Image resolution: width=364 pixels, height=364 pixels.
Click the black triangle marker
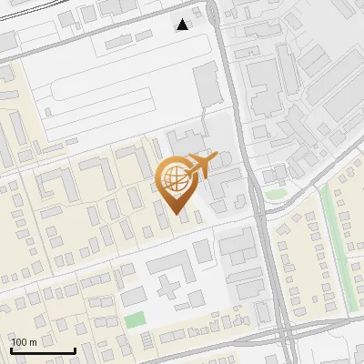[183, 25]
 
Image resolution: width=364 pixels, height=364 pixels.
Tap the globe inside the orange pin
[173, 177]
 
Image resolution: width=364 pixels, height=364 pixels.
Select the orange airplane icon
[201, 167]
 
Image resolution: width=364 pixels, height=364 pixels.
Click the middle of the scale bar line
[43, 350]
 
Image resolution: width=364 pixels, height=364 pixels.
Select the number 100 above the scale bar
[21, 342]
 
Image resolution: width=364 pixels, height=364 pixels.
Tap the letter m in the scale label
[34, 342]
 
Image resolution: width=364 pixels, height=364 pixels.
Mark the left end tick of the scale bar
[11, 349]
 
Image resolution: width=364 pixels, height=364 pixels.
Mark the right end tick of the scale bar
[74, 349]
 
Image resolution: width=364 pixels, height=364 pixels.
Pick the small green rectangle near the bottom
[135, 319]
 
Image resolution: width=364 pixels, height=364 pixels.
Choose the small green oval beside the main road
[276, 194]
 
